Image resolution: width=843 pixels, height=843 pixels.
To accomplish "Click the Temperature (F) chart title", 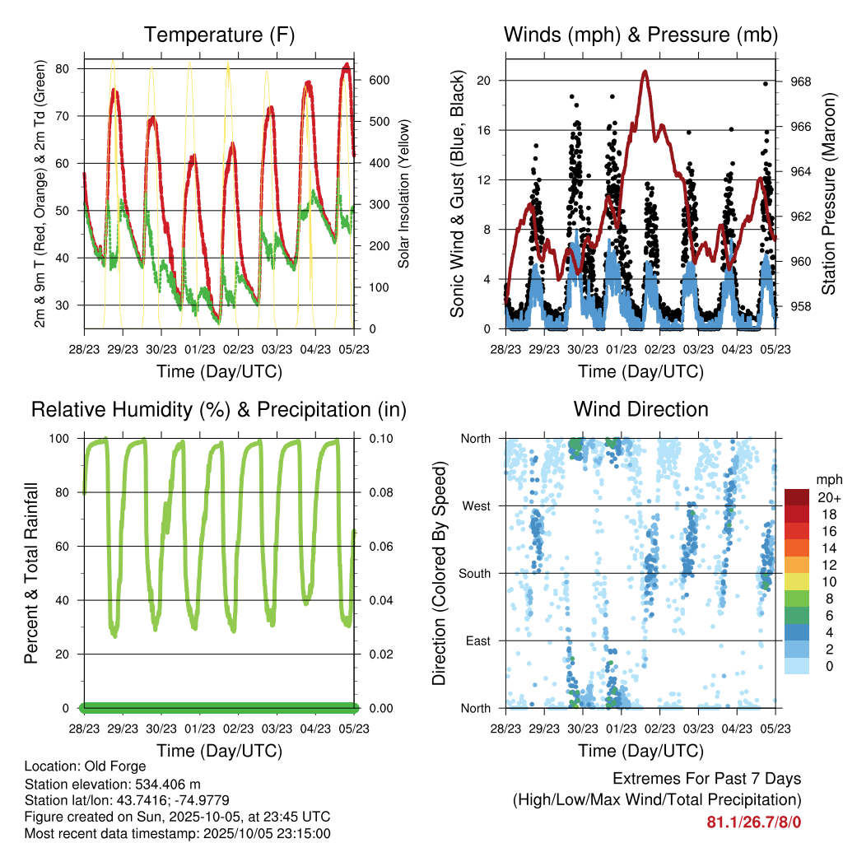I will coord(218,35).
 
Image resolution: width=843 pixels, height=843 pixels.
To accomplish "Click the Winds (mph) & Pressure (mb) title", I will coord(640,35).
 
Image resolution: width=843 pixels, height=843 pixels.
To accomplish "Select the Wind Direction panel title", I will coord(640,409).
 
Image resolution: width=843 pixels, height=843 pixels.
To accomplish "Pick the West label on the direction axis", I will coord(475,506).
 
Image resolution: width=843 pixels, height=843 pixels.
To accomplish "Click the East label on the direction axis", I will coord(477,640).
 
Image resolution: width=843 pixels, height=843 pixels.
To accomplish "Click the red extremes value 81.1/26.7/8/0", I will coord(753,822).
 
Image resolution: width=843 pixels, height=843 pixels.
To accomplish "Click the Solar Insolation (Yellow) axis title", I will coord(403,195).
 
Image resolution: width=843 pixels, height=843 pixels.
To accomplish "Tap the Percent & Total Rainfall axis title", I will coord(30,573).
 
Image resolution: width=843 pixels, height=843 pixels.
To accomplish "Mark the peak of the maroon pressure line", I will coord(645,72).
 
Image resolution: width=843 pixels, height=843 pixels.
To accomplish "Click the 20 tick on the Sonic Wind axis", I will coord(484,81).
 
